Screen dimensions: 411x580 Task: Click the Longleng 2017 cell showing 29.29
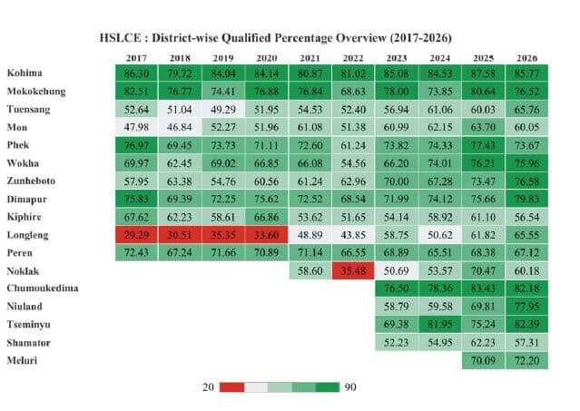click(136, 233)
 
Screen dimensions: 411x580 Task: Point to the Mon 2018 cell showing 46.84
click(179, 126)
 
